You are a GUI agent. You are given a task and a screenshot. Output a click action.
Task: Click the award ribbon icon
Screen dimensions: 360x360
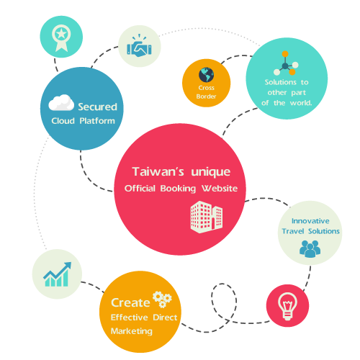point(61,38)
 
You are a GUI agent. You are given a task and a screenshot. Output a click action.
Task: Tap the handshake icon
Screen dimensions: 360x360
point(139,46)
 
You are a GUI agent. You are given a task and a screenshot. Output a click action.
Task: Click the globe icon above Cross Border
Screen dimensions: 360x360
point(206,75)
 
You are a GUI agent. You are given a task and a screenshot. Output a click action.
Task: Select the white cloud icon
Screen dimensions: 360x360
point(61,103)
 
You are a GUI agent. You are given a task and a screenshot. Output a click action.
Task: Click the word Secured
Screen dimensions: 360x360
point(97,107)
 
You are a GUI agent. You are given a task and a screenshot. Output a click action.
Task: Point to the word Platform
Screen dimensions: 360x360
point(97,121)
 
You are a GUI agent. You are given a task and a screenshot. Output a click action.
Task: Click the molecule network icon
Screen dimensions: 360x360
point(286,63)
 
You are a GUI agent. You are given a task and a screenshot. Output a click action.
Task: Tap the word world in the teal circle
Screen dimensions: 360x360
point(301,103)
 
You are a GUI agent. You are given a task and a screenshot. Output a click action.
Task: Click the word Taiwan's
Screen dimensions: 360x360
point(158,171)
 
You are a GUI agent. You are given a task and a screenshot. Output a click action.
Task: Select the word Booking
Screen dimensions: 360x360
point(178,189)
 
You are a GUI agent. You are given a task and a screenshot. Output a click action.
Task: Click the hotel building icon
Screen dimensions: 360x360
point(207,217)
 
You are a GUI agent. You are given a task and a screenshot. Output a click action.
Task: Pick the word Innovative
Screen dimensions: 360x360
point(310,221)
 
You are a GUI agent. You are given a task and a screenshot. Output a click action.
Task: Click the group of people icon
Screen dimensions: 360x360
point(310,249)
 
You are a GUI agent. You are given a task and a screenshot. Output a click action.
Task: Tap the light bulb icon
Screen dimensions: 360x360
point(287,306)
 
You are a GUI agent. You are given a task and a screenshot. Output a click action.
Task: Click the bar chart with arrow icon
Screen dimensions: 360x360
point(57,274)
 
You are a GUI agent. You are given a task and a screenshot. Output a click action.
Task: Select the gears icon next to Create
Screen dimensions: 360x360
point(162,300)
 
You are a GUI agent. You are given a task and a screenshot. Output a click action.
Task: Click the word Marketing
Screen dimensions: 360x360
point(132,331)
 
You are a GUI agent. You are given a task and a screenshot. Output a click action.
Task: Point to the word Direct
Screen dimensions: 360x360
point(165,318)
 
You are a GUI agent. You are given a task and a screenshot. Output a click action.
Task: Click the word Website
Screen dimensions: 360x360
point(220,189)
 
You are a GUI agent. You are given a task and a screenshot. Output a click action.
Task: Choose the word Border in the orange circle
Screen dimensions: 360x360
point(206,96)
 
